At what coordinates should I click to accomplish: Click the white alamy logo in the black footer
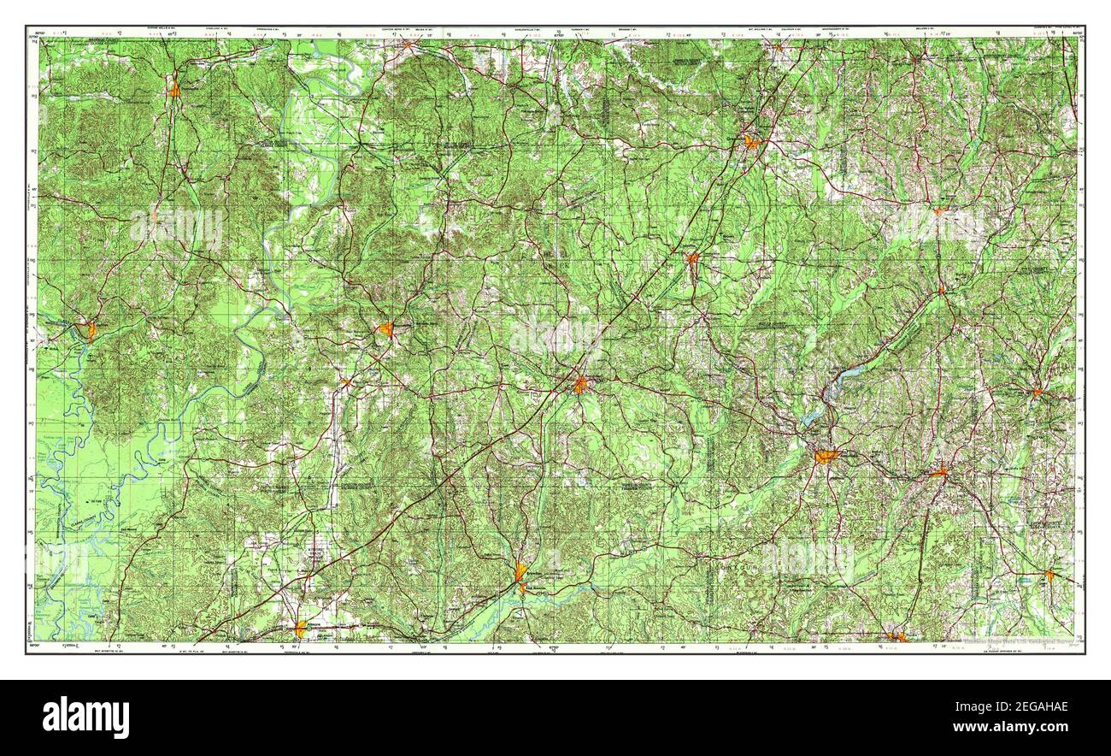click(85, 717)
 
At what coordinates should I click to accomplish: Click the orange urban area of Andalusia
click(826, 457)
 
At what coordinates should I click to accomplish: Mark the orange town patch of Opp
click(938, 471)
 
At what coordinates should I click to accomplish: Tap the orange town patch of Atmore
click(301, 629)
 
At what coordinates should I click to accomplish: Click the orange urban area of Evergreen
click(580, 385)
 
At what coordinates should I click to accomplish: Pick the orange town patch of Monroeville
click(386, 328)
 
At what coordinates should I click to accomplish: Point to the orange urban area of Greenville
click(751, 142)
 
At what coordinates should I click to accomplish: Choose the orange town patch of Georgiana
click(691, 257)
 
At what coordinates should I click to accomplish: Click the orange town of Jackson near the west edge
click(91, 330)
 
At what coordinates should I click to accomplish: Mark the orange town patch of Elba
click(1037, 393)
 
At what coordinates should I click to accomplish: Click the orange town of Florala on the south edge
click(896, 635)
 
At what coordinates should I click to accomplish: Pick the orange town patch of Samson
click(1049, 575)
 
